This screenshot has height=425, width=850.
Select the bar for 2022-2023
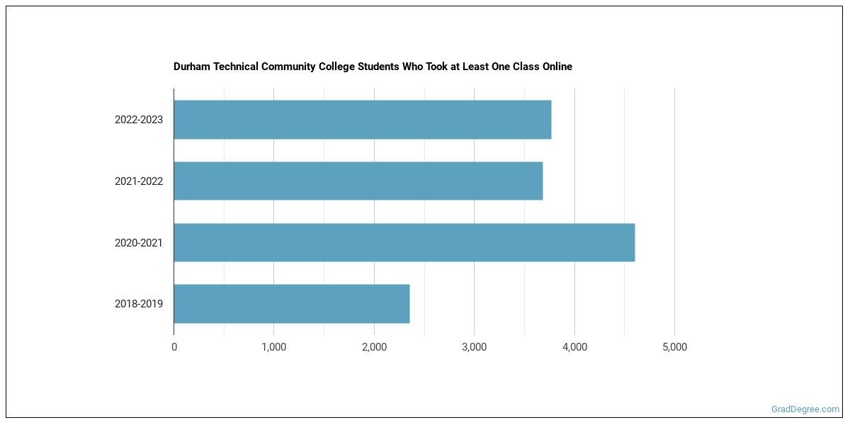pos(362,120)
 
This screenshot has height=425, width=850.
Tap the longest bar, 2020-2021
pos(404,242)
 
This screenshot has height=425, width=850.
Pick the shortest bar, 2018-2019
pos(291,304)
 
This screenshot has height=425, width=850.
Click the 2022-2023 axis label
pos(139,120)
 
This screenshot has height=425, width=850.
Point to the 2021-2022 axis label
pos(139,181)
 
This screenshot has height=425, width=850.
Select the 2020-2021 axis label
pos(139,243)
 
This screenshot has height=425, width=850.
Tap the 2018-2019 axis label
pos(139,304)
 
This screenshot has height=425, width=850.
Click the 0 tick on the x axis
pos(174,347)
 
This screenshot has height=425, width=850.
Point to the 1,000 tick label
pos(273,347)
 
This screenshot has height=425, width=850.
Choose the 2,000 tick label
pos(374,347)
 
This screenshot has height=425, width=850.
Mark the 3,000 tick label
pos(474,347)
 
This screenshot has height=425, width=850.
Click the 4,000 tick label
pos(574,347)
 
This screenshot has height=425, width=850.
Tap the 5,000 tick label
pos(674,347)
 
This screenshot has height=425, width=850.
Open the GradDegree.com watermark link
pos(805,409)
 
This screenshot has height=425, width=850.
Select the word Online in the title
pos(555,67)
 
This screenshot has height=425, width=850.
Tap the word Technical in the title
pos(234,67)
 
